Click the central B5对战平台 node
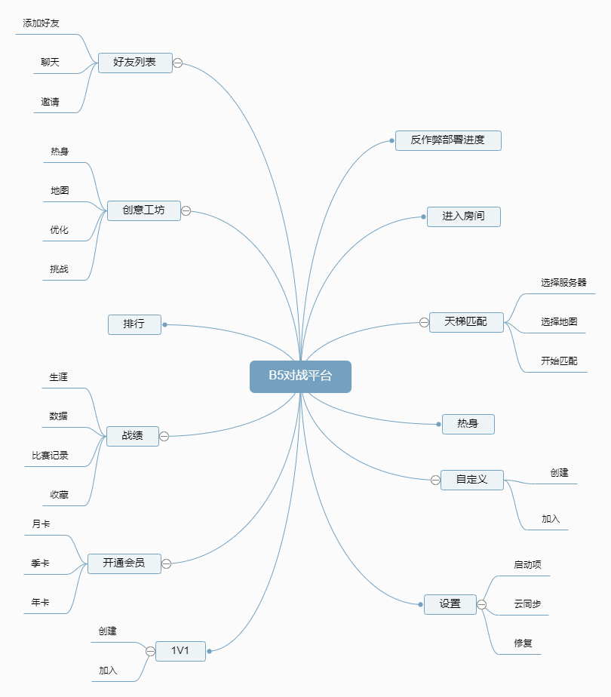(300, 376)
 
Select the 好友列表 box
(135, 63)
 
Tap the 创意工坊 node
(143, 210)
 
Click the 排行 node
(134, 324)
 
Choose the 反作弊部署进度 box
(448, 140)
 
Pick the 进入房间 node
(463, 216)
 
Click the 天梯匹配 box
(465, 322)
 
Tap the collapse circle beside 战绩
(164, 436)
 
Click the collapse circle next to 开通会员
(167, 563)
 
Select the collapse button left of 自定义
(435, 480)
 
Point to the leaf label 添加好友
(41, 23)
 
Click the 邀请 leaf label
(51, 102)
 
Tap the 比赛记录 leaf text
(51, 456)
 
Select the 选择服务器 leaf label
(563, 283)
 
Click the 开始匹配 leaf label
(559, 361)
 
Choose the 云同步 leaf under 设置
(527, 604)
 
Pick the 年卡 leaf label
(41, 603)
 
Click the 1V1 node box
(180, 650)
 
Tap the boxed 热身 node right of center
(468, 424)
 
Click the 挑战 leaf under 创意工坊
(60, 269)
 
